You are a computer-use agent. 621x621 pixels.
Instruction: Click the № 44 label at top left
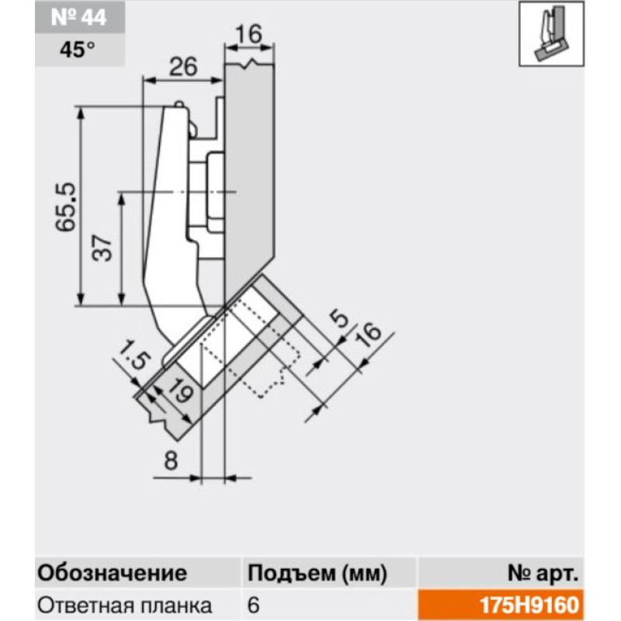79,17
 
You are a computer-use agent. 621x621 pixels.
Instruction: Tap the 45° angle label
78,50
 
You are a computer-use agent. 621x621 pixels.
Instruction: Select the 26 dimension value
183,67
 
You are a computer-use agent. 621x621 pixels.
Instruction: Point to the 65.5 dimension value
65,206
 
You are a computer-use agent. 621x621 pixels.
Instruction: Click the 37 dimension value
102,248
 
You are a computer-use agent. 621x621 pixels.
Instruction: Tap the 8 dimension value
171,460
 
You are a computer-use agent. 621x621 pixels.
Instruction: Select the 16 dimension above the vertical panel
249,34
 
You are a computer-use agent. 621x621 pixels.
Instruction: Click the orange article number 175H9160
529,605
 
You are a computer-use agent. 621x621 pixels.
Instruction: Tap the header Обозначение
112,573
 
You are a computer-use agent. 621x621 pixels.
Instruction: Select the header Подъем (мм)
317,574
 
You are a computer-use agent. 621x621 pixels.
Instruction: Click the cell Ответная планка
125,605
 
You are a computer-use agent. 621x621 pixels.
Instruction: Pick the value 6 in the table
254,605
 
